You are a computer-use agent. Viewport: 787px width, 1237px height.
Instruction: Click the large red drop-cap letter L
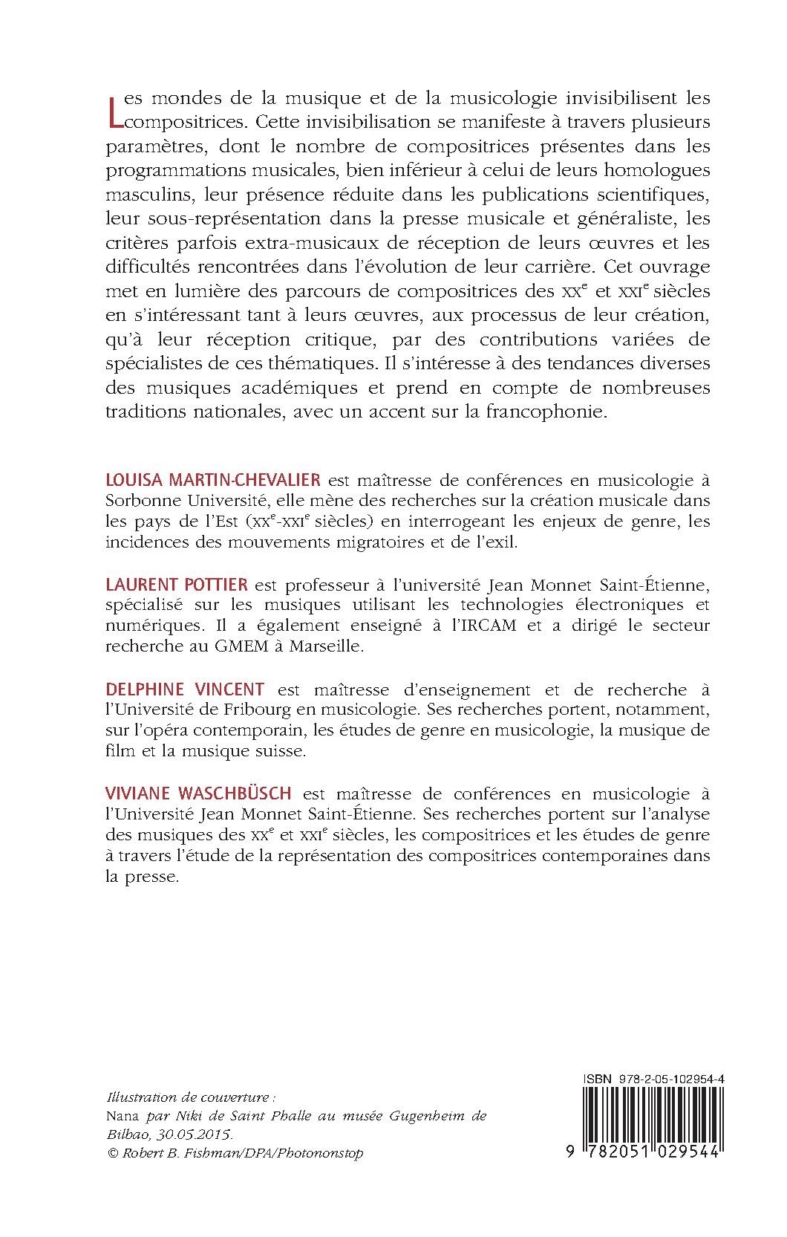[x=114, y=110]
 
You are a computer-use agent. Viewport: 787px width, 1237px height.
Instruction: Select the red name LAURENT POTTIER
[x=177, y=585]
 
